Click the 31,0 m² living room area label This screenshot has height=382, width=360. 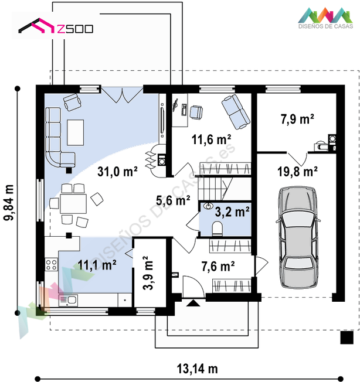tap(117, 172)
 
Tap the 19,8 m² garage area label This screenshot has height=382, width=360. tap(297, 172)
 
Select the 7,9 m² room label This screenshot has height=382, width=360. tap(297, 119)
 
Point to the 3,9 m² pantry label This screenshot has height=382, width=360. tap(148, 273)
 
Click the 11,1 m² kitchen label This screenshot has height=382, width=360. tap(97, 265)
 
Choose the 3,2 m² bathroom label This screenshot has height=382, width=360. tap(232, 212)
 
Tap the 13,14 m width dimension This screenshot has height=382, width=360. tap(197, 369)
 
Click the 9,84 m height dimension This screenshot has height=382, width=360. tap(9, 203)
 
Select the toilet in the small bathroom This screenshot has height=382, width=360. tap(218, 228)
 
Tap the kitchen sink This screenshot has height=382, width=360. tap(69, 301)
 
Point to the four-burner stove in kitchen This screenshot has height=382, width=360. tap(52, 265)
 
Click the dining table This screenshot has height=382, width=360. tap(73, 204)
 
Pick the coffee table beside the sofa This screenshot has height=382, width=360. tap(76, 132)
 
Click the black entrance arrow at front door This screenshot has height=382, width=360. tap(193, 303)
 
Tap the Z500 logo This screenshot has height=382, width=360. tap(56, 26)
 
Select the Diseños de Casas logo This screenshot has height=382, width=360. tap(325, 18)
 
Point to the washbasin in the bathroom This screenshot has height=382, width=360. tap(208, 206)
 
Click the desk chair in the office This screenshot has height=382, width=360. tap(196, 112)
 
